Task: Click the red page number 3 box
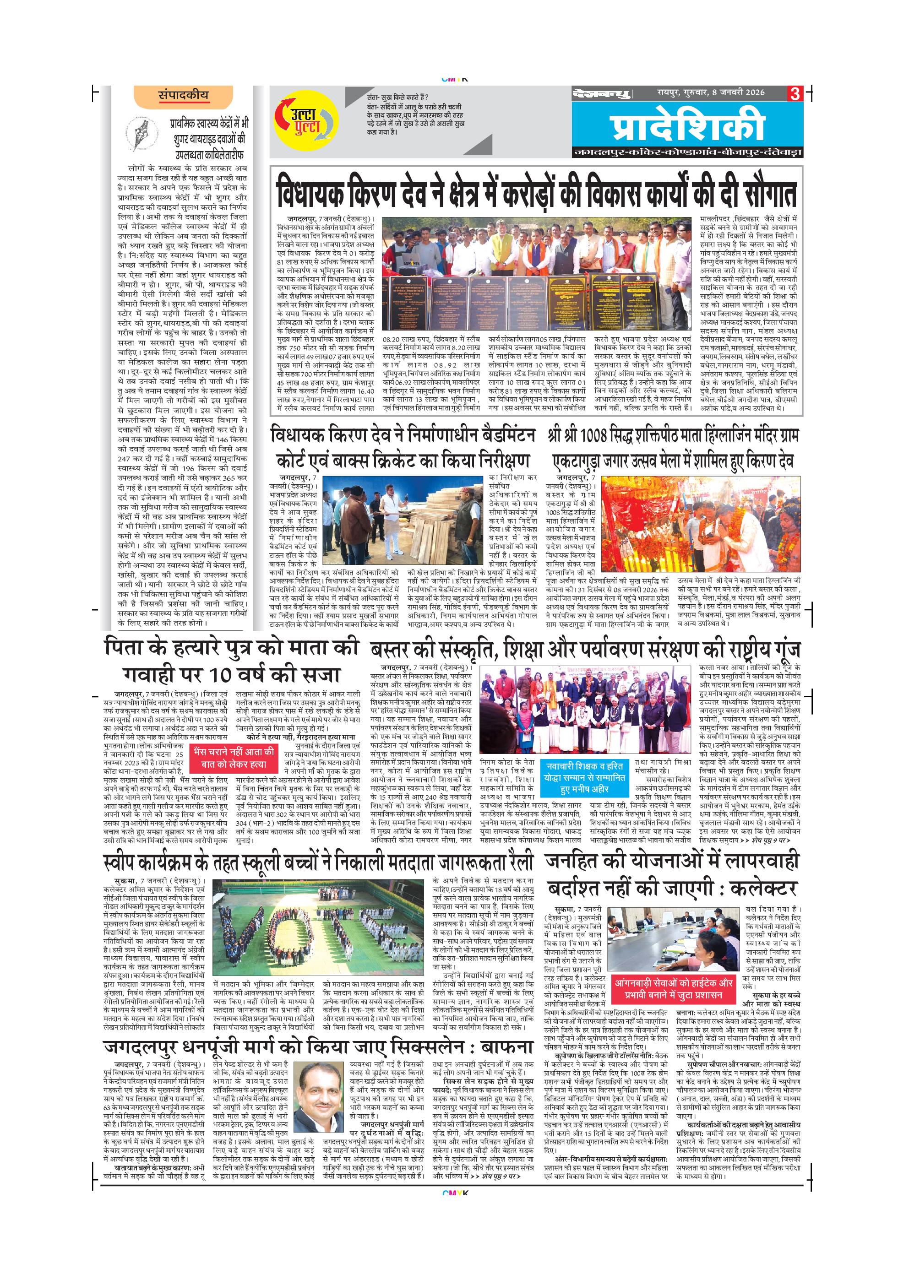click(x=795, y=93)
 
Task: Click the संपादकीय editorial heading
click(x=183, y=96)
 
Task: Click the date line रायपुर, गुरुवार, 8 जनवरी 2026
click(x=711, y=92)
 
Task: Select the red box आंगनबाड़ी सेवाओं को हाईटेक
click(x=673, y=989)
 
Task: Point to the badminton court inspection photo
click(x=403, y=520)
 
